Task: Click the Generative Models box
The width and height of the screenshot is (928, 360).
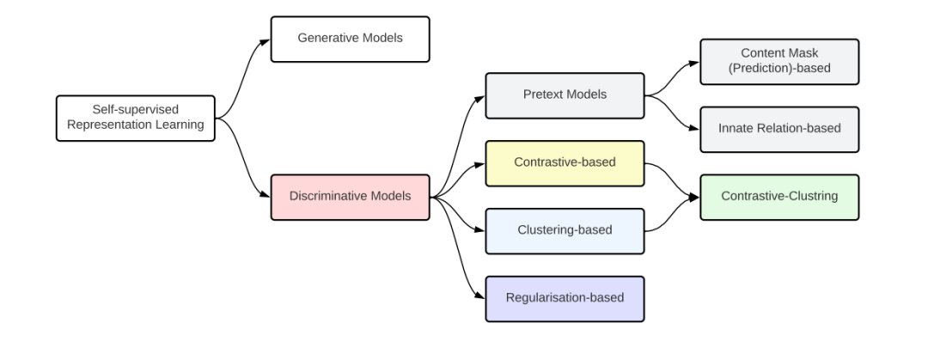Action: click(x=351, y=39)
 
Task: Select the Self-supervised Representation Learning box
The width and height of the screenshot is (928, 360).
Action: click(x=136, y=119)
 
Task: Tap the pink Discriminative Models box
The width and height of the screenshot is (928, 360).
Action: click(x=351, y=197)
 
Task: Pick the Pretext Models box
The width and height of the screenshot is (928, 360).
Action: click(x=565, y=96)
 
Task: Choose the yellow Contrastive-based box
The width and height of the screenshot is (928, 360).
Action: click(x=565, y=163)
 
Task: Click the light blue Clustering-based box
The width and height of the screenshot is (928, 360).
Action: click(x=565, y=231)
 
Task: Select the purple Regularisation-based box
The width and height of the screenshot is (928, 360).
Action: click(x=565, y=299)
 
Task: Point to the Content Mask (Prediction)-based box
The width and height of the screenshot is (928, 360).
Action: click(x=779, y=62)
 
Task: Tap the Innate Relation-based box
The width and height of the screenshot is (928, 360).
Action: click(x=779, y=130)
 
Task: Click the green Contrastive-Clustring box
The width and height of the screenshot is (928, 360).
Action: click(x=779, y=197)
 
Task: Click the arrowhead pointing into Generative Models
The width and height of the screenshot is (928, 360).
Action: click(x=266, y=41)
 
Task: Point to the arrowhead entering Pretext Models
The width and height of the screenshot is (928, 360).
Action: click(x=480, y=98)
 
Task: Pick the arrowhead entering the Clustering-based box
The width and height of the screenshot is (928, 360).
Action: click(x=480, y=229)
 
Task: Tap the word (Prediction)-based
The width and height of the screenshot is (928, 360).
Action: click(x=779, y=68)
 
